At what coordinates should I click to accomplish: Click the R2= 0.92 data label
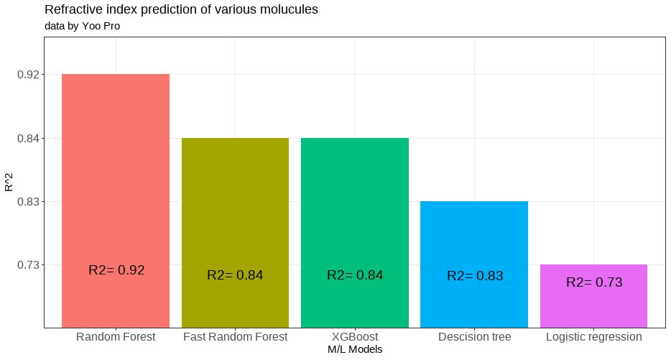116,270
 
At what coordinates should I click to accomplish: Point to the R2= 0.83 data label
475,275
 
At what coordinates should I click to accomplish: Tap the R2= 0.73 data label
594,282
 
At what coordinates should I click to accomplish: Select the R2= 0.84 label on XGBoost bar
355,274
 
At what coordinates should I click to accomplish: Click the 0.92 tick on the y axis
27,75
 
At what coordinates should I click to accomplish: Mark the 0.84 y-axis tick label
27,138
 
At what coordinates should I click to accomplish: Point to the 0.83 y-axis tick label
27,201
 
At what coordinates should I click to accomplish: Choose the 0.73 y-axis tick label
27,265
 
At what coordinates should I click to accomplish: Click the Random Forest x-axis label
116,336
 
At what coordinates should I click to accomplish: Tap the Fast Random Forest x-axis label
235,336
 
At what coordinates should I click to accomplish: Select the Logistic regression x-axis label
593,336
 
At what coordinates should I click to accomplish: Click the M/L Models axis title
355,349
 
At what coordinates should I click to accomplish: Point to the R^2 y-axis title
9,181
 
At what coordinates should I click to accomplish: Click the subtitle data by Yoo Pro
82,27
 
